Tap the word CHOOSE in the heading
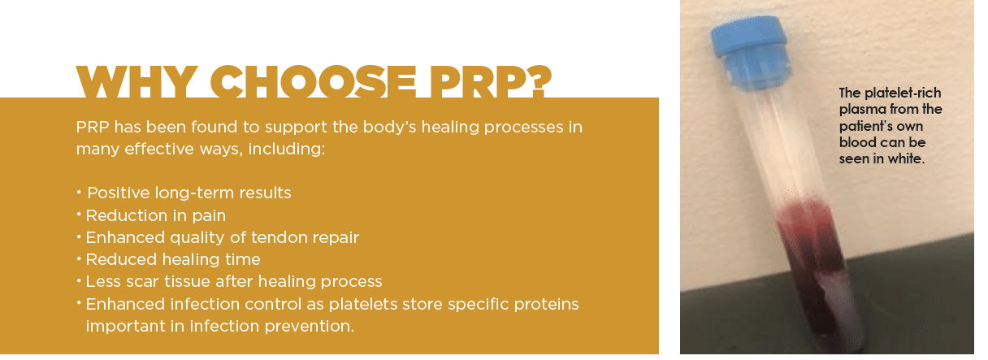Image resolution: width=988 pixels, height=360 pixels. click(x=313, y=82)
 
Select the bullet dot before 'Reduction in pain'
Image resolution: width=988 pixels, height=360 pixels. click(x=79, y=215)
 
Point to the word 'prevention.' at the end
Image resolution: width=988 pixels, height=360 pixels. click(x=310, y=327)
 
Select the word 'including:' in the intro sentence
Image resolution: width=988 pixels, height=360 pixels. click(x=287, y=149)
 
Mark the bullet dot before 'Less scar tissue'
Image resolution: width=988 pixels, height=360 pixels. click(x=79, y=280)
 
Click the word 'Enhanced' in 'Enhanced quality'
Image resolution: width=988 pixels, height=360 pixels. click(x=125, y=237)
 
